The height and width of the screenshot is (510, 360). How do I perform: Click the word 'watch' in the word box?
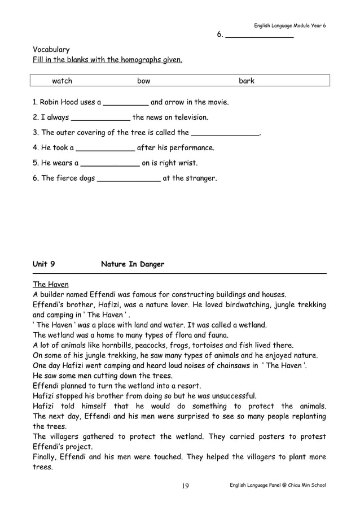click(62, 81)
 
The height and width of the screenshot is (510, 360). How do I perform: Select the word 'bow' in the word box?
click(144, 81)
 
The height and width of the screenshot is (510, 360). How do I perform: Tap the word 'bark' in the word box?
click(247, 81)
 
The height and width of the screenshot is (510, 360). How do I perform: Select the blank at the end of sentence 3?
click(225, 134)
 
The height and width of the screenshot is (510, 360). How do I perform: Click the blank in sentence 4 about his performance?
click(106, 149)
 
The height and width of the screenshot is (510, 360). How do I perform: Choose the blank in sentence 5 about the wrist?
click(111, 164)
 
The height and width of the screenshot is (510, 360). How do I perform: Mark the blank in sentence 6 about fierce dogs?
click(129, 179)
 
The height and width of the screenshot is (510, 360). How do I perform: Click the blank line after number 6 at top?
click(259, 36)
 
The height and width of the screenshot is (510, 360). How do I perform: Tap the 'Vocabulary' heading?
click(51, 50)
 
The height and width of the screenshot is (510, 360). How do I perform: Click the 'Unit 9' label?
click(44, 264)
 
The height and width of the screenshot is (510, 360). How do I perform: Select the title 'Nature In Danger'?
click(133, 264)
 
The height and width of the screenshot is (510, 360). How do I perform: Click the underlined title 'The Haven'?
click(51, 284)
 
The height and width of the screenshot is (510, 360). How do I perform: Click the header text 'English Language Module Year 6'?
click(289, 25)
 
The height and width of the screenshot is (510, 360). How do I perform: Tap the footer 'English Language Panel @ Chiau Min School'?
click(278, 486)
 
